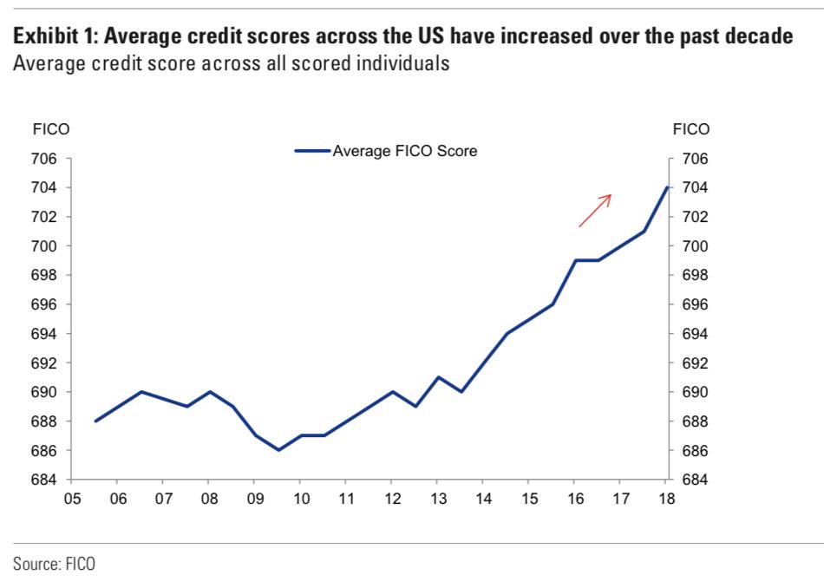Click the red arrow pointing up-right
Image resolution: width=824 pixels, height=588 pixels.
[596, 210]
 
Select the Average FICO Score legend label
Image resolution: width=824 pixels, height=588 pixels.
[405, 151]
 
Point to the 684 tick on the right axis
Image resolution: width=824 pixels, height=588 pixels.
[696, 480]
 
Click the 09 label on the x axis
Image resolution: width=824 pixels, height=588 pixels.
[254, 500]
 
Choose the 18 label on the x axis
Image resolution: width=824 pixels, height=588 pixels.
[666, 500]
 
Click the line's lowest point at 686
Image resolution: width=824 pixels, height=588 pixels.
[278, 450]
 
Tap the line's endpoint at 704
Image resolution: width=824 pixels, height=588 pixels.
[666, 187]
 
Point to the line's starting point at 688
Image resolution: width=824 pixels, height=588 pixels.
[95, 421]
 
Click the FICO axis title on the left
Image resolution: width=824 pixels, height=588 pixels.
[50, 129]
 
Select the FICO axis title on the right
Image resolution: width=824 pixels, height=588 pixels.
[691, 129]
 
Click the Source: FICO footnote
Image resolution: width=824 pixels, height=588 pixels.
[54, 564]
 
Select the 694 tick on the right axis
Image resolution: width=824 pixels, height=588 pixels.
[696, 334]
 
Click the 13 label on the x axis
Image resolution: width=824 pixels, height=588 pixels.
[437, 500]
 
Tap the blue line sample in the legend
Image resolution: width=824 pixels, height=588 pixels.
[312, 151]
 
